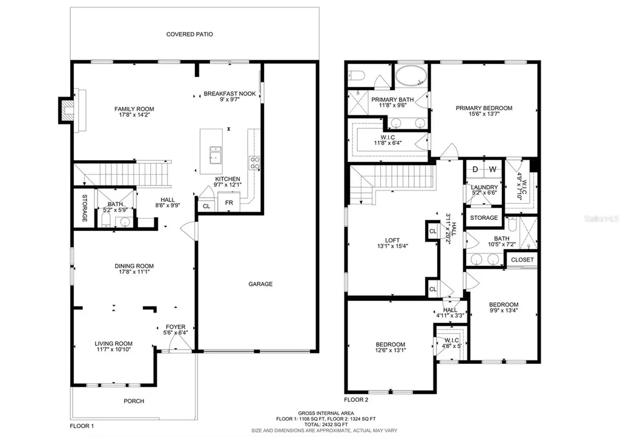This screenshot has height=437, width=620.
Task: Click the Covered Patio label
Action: click(190, 34)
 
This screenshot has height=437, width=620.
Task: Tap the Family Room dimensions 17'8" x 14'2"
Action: click(134, 117)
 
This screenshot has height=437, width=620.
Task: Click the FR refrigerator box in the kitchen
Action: click(229, 203)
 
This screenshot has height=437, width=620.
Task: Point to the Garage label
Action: click(260, 284)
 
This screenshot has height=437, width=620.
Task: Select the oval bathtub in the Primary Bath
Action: click(411, 76)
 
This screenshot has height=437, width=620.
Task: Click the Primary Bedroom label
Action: click(484, 108)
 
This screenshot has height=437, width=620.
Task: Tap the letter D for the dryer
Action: click(475, 169)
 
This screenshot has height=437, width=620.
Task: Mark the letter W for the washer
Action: click(492, 169)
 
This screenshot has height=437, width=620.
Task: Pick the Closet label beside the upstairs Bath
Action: click(523, 260)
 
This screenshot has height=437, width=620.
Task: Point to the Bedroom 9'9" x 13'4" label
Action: click(504, 304)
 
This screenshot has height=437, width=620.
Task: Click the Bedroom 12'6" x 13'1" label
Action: click(390, 345)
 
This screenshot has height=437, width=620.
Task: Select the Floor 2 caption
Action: click(357, 400)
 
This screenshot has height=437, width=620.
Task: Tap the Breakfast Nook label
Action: click(229, 94)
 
